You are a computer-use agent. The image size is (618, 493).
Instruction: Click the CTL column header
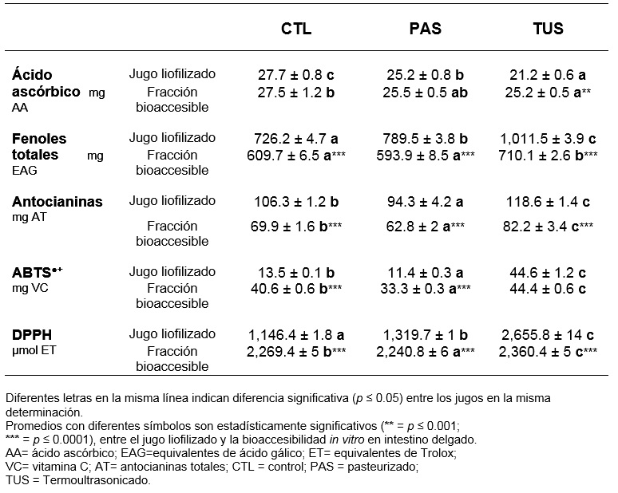(296, 29)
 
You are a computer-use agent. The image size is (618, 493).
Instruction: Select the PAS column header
(426, 29)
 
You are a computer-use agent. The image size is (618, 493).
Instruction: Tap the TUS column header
(549, 29)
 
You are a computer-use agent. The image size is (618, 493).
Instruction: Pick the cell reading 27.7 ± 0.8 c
(296, 74)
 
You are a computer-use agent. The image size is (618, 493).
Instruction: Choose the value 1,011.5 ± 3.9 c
(548, 139)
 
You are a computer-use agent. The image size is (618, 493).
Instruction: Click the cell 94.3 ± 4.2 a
(425, 202)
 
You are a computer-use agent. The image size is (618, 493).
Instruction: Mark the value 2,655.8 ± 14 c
(548, 335)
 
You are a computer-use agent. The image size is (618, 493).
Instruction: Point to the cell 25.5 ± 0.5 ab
(426, 93)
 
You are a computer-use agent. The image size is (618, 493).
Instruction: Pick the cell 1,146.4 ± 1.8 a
(296, 335)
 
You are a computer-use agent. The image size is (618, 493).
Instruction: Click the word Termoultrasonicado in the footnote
(97, 480)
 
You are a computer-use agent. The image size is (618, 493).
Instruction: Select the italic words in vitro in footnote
(347, 439)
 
